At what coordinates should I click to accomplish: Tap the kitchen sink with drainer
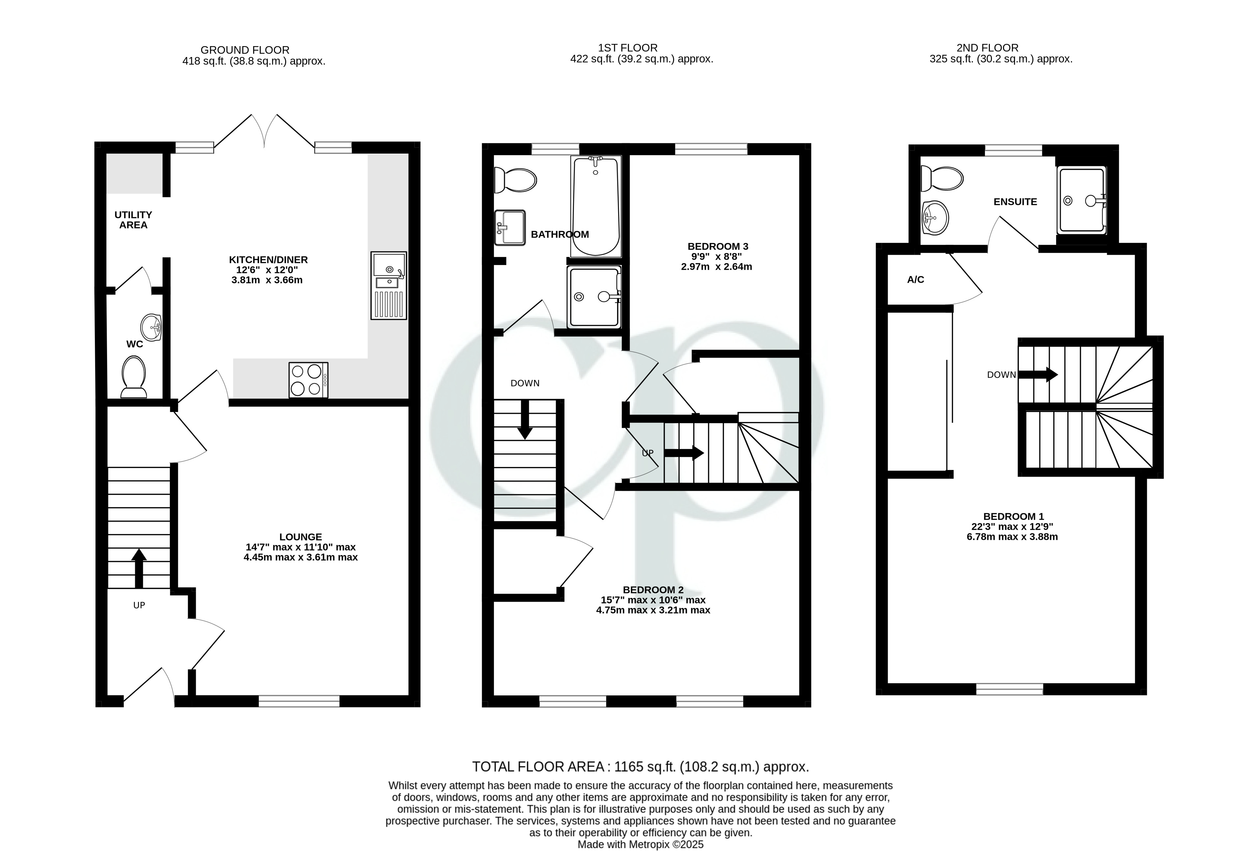(388, 285)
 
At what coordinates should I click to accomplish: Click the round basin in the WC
(151, 328)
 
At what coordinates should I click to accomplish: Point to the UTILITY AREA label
(133, 220)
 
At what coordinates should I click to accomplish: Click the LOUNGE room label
(300, 537)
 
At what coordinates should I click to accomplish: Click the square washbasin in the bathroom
(510, 227)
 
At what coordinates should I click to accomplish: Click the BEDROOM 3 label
(718, 247)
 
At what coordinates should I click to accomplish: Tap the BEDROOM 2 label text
(653, 590)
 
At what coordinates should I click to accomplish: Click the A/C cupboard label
(916, 279)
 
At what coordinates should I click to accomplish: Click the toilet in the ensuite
(942, 178)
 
